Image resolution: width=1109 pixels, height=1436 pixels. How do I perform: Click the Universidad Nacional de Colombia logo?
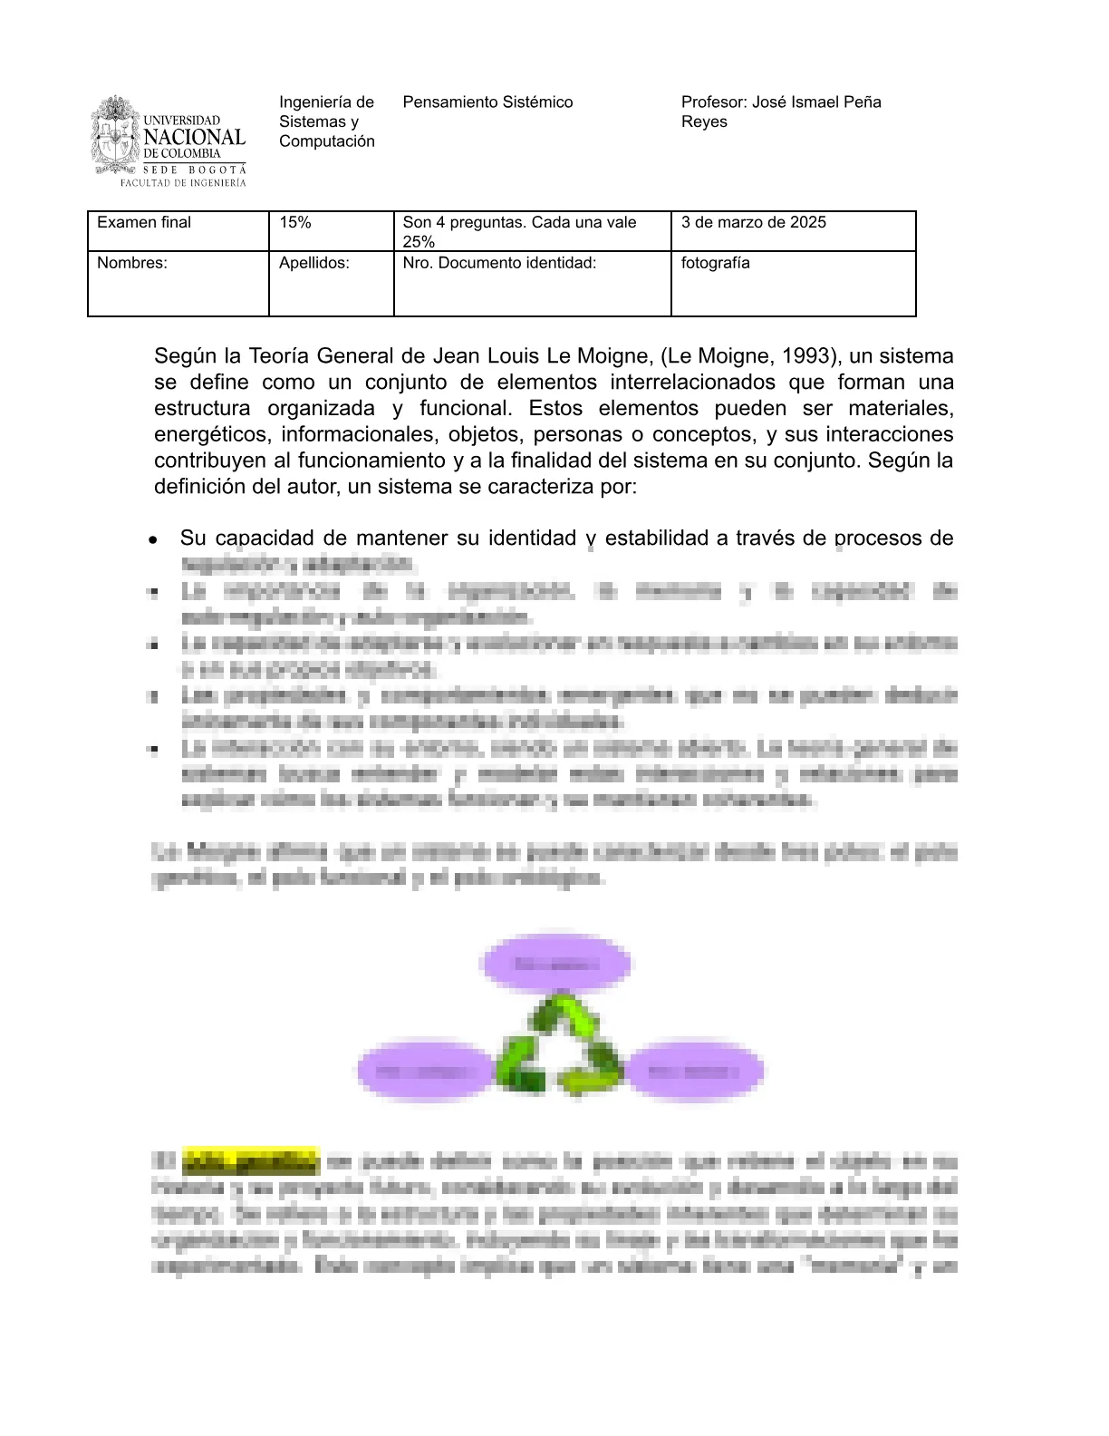169,141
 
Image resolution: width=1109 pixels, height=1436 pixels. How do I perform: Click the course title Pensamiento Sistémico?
487,102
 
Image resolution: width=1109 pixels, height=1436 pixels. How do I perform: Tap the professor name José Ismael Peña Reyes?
780,112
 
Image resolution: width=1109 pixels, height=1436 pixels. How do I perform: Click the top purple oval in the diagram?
555,963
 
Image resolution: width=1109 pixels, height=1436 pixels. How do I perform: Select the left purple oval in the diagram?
425,1072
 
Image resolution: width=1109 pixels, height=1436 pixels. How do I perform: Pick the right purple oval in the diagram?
694,1072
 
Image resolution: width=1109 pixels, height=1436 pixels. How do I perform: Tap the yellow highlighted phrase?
251,1160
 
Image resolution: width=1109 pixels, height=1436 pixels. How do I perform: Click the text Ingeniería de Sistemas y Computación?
326,121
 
